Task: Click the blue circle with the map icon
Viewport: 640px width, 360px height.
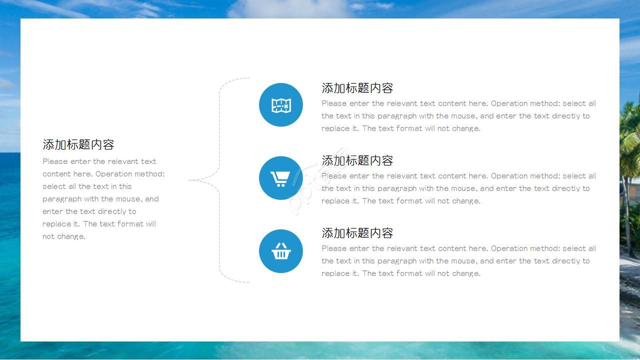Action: click(x=281, y=105)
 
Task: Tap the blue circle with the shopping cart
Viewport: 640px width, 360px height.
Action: click(x=281, y=178)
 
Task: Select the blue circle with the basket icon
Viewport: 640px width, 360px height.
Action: click(x=281, y=251)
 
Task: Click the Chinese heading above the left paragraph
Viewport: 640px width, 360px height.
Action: click(x=78, y=144)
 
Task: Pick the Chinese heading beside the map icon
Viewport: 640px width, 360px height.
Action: click(x=357, y=88)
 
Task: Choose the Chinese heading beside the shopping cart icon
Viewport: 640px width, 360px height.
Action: click(x=357, y=160)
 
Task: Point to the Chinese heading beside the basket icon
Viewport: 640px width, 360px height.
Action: click(x=357, y=233)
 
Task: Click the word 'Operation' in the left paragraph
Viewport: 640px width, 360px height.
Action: click(x=114, y=174)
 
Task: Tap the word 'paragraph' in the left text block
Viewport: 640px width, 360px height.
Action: click(x=62, y=199)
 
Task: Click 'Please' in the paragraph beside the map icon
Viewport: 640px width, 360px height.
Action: click(x=334, y=103)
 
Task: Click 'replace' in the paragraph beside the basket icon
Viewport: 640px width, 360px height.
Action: click(x=335, y=273)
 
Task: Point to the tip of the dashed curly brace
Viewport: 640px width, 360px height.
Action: click(x=190, y=180)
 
